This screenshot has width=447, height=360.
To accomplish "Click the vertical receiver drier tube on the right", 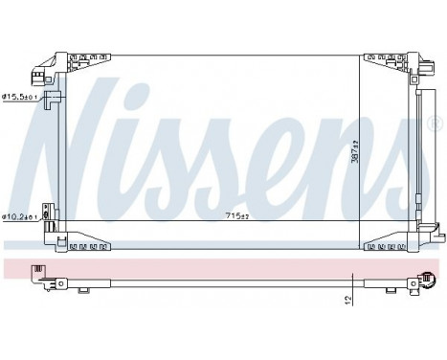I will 419,153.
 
